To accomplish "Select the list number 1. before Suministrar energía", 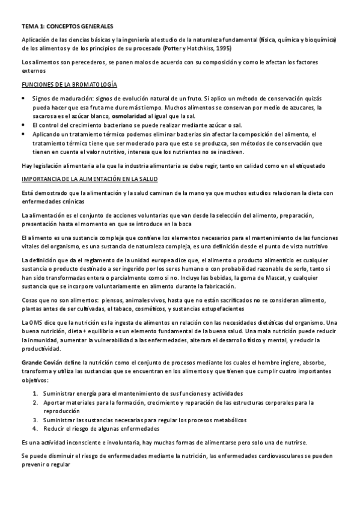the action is [x=36, y=393].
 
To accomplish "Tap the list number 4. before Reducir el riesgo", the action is [x=36, y=429].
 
